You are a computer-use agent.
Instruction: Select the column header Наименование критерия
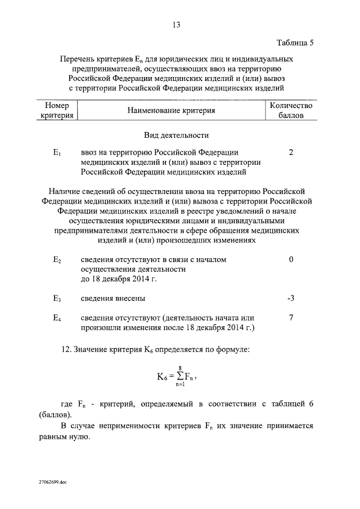coord(171,111)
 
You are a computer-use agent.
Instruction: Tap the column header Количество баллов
coord(291,111)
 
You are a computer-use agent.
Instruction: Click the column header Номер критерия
coord(57,111)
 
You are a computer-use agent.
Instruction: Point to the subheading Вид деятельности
coord(176,136)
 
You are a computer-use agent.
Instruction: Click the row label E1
coord(57,153)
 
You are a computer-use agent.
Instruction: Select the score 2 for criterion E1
coord(290,152)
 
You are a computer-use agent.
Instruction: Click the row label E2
coord(57,260)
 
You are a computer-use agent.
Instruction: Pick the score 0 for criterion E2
coord(291,260)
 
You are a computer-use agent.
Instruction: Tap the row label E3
coord(57,298)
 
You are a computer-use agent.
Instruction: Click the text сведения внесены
coord(112,298)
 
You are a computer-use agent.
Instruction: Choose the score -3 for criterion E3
coord(290,298)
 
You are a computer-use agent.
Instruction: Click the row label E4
coord(57,318)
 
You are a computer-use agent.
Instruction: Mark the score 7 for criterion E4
coord(291,318)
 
